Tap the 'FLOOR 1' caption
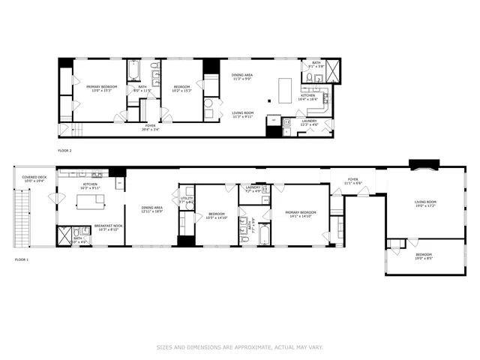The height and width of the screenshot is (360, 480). click(22, 259)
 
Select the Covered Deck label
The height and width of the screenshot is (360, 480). click(34, 180)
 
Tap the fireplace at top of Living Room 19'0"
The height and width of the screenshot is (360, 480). click(420, 166)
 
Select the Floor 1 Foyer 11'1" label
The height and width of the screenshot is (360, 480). click(352, 181)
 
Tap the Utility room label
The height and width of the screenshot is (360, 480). click(185, 201)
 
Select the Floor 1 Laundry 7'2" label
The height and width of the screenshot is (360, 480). click(253, 190)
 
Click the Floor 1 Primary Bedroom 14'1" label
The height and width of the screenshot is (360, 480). click(301, 214)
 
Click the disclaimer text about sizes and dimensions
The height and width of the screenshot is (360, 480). click(240, 347)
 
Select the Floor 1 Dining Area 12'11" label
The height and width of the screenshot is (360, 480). click(152, 210)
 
